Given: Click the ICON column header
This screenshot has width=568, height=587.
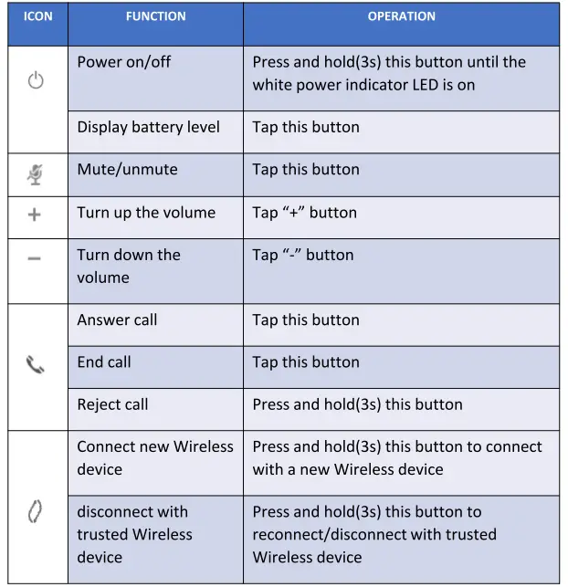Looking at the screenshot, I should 37,16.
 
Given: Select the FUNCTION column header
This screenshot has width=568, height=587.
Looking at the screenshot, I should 155,16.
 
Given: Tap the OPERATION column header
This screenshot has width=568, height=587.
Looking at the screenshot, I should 401,16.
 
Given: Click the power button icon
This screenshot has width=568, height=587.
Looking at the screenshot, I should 36,81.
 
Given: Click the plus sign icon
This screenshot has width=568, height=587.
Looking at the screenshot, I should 35,214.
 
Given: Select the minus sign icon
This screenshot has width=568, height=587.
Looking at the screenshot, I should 35,258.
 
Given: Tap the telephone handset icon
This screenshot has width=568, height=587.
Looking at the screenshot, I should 35,365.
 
